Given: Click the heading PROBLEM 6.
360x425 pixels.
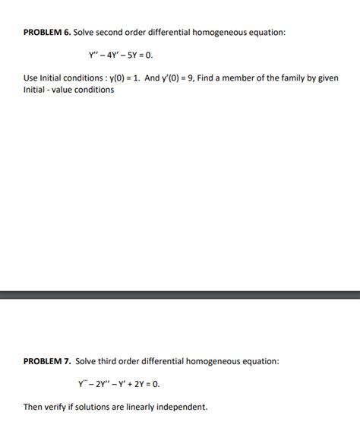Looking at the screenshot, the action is [46, 33].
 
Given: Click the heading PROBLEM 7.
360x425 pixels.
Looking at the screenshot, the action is [46, 361].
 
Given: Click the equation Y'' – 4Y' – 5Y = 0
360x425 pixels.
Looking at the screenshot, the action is [125, 56].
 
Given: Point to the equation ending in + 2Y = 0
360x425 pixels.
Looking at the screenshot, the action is [119, 384].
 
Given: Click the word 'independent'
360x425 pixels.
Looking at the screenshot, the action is [182, 407].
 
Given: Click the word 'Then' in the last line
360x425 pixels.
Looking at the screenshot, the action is [33, 407].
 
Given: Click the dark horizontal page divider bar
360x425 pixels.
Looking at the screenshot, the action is [180, 295].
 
